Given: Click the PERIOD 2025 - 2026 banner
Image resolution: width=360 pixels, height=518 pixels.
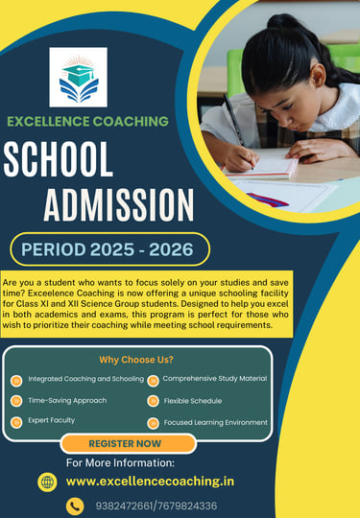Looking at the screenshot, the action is tap(108, 249).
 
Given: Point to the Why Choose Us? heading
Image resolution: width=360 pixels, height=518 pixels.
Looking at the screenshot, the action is tap(137, 360).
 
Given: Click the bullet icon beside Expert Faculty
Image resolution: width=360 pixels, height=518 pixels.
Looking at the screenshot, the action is tap(16, 421).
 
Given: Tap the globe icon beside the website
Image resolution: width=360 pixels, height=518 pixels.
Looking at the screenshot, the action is tap(47, 482).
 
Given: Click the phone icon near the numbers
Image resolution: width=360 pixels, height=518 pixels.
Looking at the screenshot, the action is tap(75, 506).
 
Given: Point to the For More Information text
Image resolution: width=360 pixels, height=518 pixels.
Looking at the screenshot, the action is tap(127, 462).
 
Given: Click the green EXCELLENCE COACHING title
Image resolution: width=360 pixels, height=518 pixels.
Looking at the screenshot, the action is tap(87, 121).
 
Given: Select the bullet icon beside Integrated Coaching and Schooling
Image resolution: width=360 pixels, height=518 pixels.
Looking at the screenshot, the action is tap(16, 380).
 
